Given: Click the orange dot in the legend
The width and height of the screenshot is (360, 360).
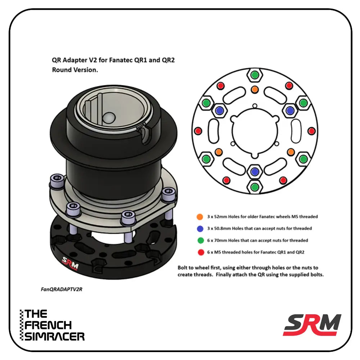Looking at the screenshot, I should [199, 217].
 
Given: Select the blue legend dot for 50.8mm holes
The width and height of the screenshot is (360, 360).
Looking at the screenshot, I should [199, 228].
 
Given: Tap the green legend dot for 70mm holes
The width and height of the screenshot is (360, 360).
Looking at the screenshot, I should [199, 240].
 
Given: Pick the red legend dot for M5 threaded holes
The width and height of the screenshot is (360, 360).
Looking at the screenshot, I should [199, 252].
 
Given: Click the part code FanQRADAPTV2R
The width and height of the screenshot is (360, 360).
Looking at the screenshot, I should [62, 289].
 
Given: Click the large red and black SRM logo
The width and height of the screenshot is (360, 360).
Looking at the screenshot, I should [312, 324].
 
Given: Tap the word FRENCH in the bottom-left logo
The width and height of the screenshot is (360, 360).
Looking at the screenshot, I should [48, 325].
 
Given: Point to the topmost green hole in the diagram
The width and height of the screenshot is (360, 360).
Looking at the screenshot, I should [255, 75].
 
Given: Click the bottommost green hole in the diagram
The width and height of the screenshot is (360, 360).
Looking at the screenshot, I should [255, 186].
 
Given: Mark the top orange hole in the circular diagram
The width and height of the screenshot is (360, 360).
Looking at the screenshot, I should [255, 89].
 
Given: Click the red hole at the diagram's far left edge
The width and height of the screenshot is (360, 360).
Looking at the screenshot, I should [197, 131].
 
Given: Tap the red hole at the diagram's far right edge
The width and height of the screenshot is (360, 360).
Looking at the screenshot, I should [312, 131].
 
